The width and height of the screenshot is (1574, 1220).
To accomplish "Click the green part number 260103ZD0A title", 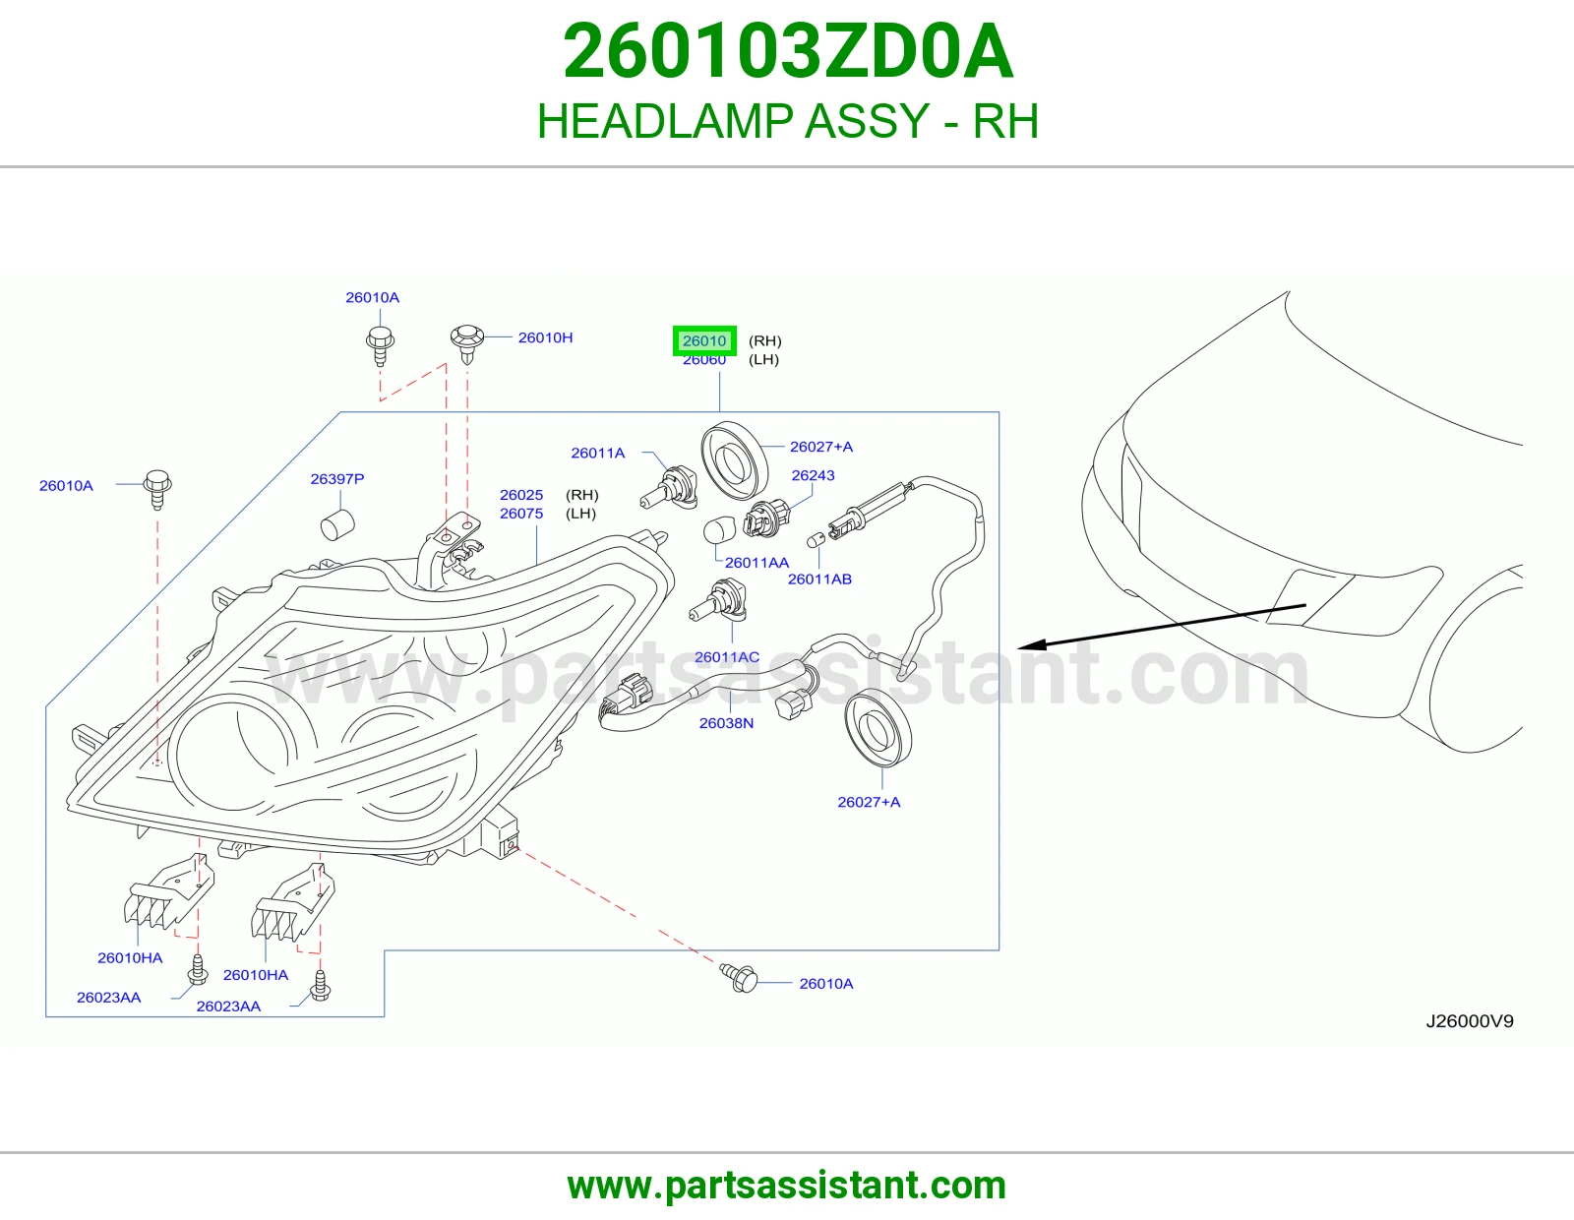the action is [x=787, y=51].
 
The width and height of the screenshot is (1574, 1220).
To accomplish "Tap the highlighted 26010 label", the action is [x=704, y=340].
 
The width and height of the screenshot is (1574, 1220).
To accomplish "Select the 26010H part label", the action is [x=545, y=337].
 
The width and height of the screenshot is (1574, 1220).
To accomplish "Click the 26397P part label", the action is [x=336, y=479].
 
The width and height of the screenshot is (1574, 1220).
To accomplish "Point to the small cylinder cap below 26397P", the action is [x=337, y=524].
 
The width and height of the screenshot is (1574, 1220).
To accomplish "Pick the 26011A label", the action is [x=597, y=453].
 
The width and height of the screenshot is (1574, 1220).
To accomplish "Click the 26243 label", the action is [x=813, y=475].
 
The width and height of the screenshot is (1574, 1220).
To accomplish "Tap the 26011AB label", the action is [x=819, y=579].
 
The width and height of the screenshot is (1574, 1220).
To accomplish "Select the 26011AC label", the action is [x=727, y=657].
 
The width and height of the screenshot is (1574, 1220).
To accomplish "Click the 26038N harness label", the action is [x=726, y=723].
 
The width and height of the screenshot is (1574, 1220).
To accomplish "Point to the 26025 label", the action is [x=520, y=495].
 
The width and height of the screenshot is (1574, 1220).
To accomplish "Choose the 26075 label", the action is [x=520, y=514].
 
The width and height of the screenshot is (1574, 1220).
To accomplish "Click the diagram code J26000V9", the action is [x=1470, y=1021].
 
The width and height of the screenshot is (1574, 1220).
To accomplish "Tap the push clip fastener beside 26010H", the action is [x=467, y=343].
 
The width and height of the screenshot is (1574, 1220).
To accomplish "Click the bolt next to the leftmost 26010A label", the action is [x=158, y=489].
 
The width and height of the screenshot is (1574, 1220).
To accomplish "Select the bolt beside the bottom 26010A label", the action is [x=739, y=978].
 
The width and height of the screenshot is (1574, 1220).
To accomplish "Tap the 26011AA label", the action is [x=757, y=562].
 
